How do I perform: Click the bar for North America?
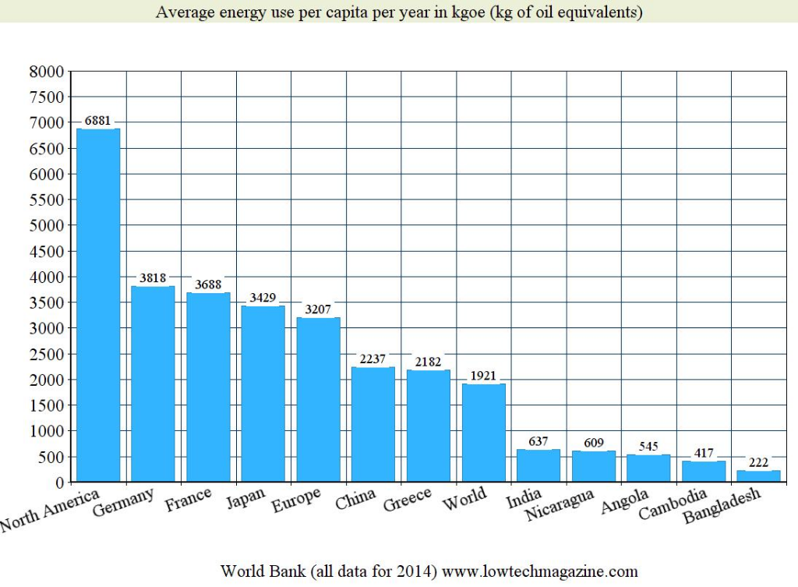[x=98, y=305]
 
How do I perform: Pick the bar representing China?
[x=373, y=424]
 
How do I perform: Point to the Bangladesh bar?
[x=758, y=476]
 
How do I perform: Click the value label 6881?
[x=98, y=121]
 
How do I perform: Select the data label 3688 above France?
[x=208, y=285]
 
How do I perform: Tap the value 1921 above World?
[x=483, y=376]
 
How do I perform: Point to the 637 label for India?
[x=538, y=441]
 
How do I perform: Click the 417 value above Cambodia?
[x=704, y=453]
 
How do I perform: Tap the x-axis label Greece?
[x=408, y=500]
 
